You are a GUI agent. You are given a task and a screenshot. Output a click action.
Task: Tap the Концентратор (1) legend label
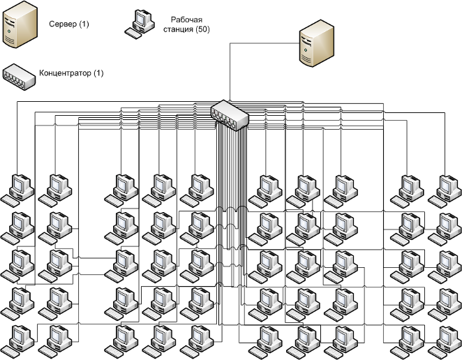tap(71, 73)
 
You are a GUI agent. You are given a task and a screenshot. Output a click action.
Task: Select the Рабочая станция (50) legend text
tap(186, 24)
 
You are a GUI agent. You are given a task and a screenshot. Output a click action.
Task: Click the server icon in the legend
tap(20, 24)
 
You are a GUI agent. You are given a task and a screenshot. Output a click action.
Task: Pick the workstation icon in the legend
tap(140, 24)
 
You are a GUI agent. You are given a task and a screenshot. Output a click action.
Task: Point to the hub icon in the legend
tap(20, 77)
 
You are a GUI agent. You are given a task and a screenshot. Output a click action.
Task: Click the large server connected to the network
tap(316, 43)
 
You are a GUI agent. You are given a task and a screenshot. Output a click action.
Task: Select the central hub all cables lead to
tap(230, 115)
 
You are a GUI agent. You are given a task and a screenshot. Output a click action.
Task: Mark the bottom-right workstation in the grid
tap(445, 343)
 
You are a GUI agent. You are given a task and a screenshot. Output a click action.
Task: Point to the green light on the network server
tap(306, 50)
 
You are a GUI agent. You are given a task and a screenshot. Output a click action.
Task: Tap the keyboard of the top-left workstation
tap(10, 202)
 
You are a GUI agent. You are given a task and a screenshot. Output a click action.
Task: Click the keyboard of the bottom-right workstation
tap(438, 353)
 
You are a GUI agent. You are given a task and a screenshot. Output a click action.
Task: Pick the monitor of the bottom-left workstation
tap(18, 336)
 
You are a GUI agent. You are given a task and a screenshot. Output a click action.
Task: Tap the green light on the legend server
tap(10, 31)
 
